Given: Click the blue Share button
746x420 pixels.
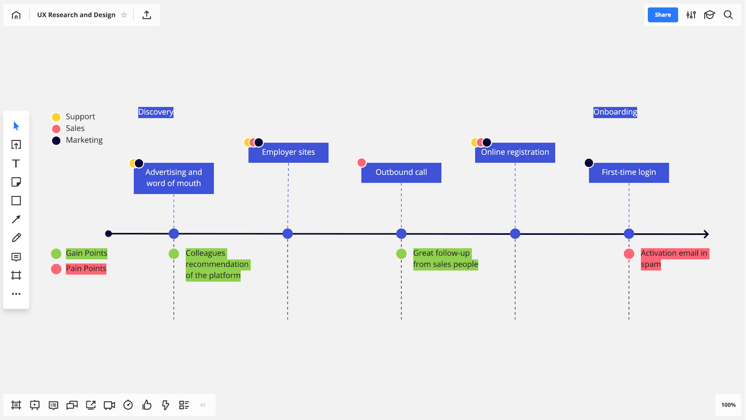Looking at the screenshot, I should click(662, 15).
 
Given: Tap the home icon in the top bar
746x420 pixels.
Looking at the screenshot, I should click(16, 15).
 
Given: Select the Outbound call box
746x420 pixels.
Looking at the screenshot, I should click(401, 172).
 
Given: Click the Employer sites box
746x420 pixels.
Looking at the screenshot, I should click(288, 152).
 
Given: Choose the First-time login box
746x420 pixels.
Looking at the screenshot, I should click(629, 172).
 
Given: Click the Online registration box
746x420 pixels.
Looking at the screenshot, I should click(515, 152).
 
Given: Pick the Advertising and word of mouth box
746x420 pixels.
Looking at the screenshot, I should click(173, 178).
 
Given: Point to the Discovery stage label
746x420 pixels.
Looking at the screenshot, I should click(155, 112).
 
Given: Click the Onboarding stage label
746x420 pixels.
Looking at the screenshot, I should click(615, 112).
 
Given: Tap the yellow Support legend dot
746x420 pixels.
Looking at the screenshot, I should click(56, 117).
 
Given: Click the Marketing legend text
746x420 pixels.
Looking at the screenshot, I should click(84, 140).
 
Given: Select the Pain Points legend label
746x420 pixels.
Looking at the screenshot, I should click(86, 269).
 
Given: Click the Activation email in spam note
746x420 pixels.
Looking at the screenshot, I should click(673, 259).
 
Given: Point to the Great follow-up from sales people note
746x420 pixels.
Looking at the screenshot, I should click(445, 259).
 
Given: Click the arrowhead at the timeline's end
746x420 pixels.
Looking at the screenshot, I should click(706, 234).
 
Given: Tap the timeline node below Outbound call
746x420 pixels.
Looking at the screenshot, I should click(401, 234).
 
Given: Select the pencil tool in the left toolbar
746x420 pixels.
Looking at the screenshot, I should click(16, 238).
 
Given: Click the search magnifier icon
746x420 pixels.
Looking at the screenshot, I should click(728, 15).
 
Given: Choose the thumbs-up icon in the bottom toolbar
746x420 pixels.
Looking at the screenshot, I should click(147, 405).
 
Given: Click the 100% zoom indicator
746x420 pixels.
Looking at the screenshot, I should click(728, 405).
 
